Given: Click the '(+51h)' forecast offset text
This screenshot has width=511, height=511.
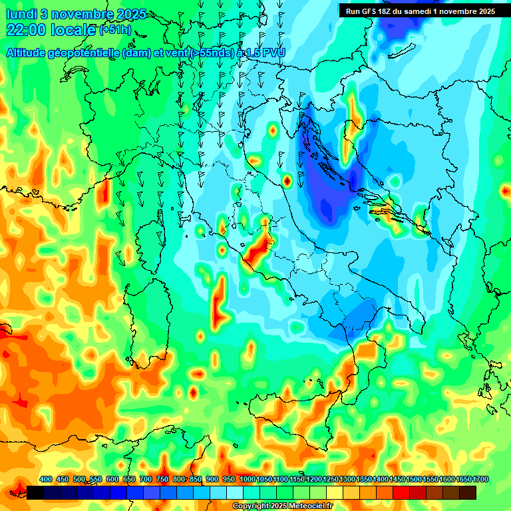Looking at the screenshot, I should pyautogui.click(x=114, y=30).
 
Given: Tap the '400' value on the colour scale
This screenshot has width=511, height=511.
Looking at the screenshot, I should pyautogui.click(x=46, y=479).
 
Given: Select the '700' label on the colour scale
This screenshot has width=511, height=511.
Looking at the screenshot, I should pyautogui.click(x=146, y=479).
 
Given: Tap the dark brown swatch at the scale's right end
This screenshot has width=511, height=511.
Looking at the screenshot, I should pyautogui.click(x=468, y=492).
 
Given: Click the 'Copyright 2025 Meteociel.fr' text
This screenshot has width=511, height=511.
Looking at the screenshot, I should pyautogui.click(x=282, y=506).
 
